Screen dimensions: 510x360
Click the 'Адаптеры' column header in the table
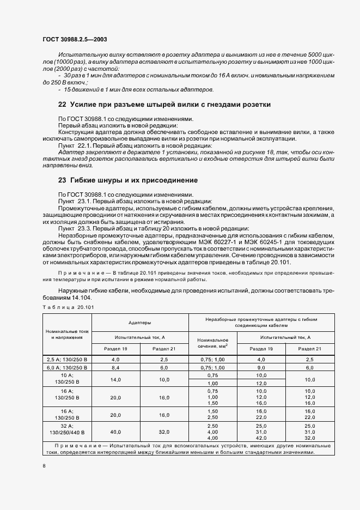coord(139,322)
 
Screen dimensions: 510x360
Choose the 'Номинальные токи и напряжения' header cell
coord(68,334)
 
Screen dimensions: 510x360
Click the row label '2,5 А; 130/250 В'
coord(68,360)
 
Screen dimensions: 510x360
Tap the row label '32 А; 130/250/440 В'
coord(68,428)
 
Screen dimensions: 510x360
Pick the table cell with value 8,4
coord(115,368)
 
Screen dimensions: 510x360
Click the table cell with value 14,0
coord(115,379)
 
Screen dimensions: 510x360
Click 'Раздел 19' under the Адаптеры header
coord(115,349)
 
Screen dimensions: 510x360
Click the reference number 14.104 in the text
coord(81,298)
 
